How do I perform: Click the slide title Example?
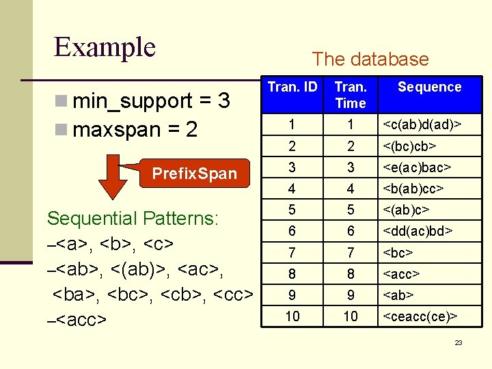(x=105, y=47)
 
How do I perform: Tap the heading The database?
(x=370, y=59)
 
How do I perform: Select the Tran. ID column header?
(x=292, y=87)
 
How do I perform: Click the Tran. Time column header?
(x=351, y=95)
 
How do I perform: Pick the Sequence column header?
(x=429, y=87)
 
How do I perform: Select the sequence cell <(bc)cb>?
(x=410, y=146)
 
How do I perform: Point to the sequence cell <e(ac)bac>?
(x=417, y=167)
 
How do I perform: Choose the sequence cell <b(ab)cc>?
(x=414, y=188)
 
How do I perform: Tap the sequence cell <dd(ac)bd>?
(x=418, y=232)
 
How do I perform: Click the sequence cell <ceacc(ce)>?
(x=420, y=316)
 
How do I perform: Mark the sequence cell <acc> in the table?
(x=401, y=274)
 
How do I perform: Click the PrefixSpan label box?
(x=194, y=174)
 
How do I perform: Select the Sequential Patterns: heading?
(x=132, y=219)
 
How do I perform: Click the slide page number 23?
(x=459, y=342)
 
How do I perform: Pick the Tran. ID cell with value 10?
(x=292, y=316)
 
